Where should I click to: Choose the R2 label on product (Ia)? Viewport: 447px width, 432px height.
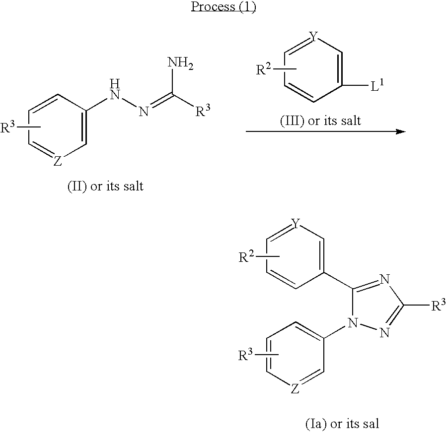coord(247,257)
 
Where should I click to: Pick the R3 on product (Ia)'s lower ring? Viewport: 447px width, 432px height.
coord(247,355)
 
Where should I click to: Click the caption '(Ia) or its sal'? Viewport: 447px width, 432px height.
coord(342,424)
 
